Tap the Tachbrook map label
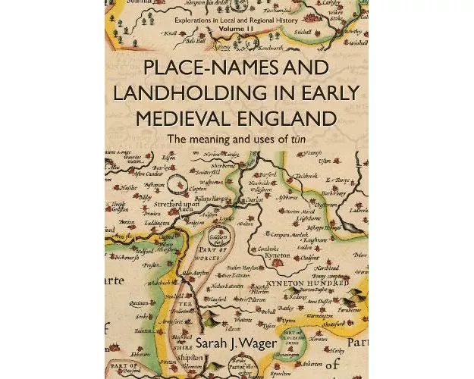coord(305,176)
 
